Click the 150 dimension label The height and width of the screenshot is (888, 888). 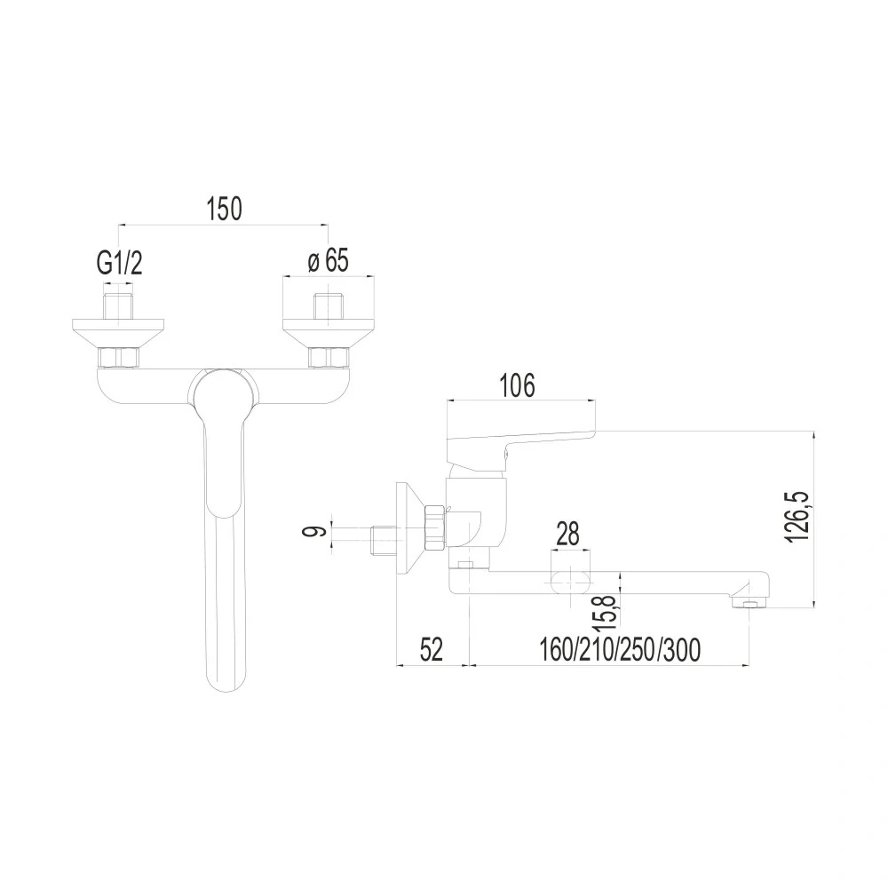pyautogui.click(x=225, y=208)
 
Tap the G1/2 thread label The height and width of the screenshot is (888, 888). pyautogui.click(x=119, y=263)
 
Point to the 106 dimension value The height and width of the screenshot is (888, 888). pyautogui.click(x=517, y=385)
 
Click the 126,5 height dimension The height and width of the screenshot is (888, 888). pyautogui.click(x=797, y=516)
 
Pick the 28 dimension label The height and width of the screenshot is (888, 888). pyautogui.click(x=567, y=534)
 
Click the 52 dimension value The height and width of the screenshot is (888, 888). pyautogui.click(x=431, y=649)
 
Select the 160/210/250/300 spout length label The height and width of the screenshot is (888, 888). pyautogui.click(x=620, y=650)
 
